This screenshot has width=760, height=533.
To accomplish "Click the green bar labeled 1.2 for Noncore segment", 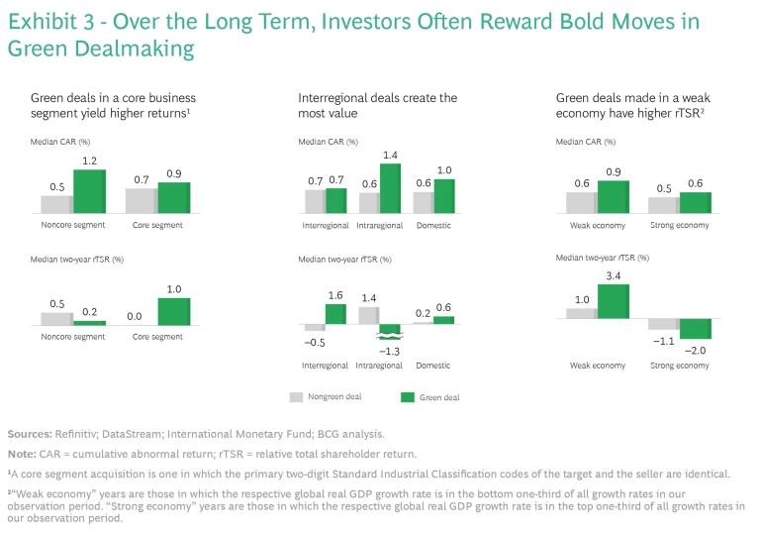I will coord(88,191).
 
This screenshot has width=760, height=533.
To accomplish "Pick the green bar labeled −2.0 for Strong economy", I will coord(696,329).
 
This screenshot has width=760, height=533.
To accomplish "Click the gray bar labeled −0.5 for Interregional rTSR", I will coord(315,327).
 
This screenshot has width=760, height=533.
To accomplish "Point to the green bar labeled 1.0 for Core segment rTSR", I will coord(173,311).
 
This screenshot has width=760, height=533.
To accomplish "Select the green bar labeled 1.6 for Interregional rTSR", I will coord(335,313).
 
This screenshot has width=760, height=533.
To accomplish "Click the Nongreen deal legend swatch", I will coord(296,397).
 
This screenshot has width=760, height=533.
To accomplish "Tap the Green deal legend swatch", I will coord(406,397).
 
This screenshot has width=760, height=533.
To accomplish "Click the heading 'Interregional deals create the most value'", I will coord(378,105).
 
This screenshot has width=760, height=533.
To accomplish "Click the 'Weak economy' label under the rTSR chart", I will coord(598,366).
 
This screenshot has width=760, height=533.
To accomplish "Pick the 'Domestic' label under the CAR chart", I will coord(432,226).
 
